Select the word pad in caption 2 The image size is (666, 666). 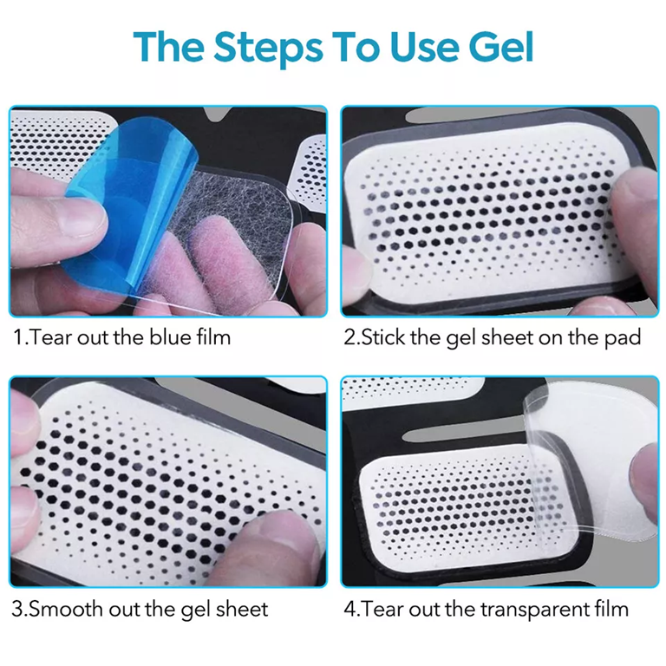click(624, 336)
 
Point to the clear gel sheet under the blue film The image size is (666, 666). click(234, 225)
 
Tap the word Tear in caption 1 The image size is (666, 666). click(49, 336)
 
